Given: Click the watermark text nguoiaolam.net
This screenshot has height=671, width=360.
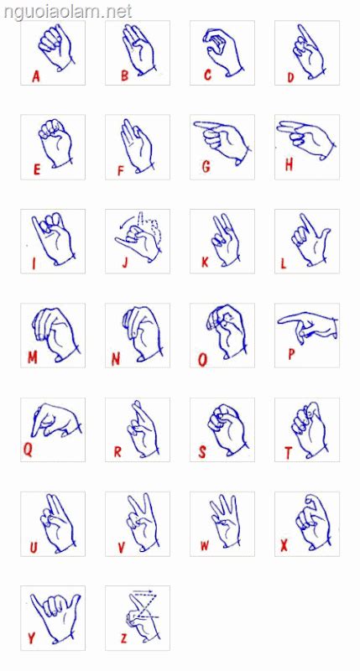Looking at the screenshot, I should click(66, 11).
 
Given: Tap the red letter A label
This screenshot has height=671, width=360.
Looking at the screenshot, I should click(36, 76).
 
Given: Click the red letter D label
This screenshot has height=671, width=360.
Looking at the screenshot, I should click(290, 78).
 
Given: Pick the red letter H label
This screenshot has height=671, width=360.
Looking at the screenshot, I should click(289, 165).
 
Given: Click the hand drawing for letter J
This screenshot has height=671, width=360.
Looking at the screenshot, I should click(138, 237).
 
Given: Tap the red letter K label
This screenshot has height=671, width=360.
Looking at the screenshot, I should click(205, 263).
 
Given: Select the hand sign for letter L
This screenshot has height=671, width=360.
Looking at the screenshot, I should click(308, 239).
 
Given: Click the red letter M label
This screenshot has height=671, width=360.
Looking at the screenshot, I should click(33, 357).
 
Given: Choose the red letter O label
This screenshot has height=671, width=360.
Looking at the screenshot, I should click(202, 360).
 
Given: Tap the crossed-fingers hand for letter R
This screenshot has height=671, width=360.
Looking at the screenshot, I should click(140, 428).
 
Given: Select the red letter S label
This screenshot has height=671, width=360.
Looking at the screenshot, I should click(202, 453).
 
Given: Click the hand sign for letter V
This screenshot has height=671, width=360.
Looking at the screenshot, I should click(139, 522).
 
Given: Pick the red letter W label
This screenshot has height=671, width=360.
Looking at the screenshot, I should click(205, 546).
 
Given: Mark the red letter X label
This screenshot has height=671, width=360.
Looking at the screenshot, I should click(284, 545).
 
